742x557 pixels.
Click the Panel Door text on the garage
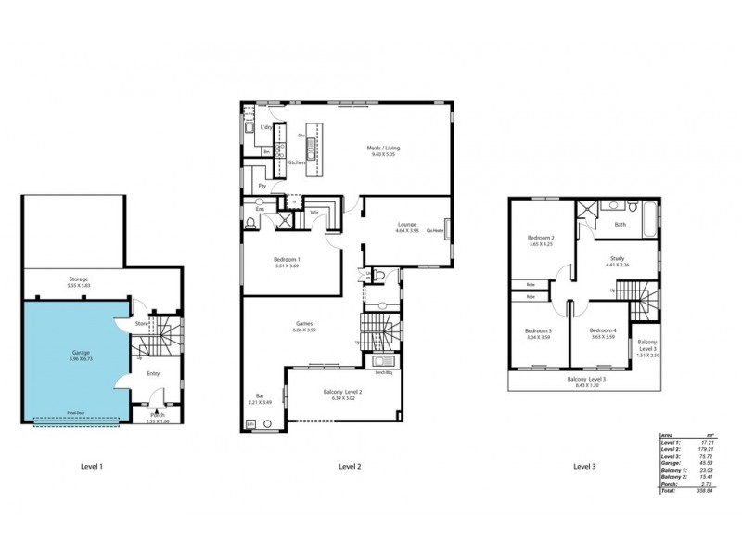click(64, 416)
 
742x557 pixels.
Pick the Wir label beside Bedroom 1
click(315, 212)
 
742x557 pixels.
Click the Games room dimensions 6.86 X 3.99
click(305, 330)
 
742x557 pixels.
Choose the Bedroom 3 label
click(538, 331)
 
